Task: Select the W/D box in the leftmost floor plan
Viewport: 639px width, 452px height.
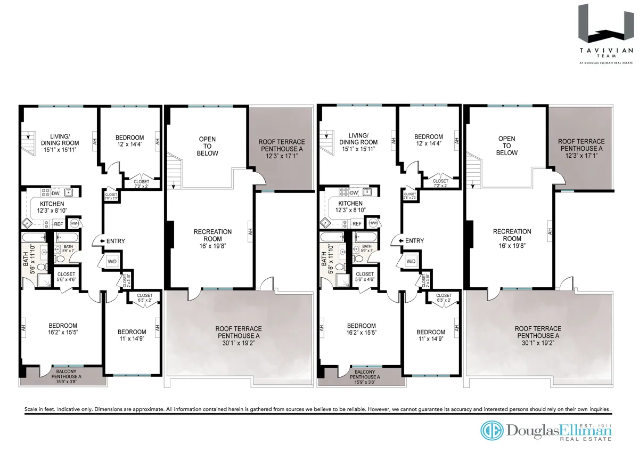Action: tap(112, 262)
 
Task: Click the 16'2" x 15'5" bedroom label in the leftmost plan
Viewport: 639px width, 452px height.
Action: tap(63, 329)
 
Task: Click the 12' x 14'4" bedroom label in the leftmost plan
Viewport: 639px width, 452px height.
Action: tap(130, 140)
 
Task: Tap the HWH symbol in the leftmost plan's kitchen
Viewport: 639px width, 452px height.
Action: tap(75, 223)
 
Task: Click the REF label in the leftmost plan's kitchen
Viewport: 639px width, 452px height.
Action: tap(59, 224)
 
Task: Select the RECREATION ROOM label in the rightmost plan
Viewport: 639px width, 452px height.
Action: tap(512, 235)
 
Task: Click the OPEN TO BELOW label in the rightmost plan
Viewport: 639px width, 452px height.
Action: tap(506, 146)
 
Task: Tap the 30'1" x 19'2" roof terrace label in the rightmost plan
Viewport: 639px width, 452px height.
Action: tap(537, 332)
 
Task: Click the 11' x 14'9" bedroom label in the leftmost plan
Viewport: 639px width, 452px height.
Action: tap(132, 335)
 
